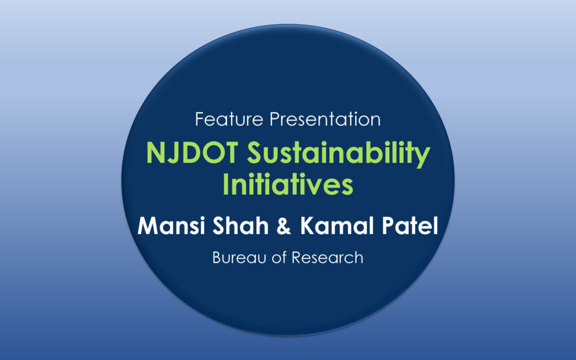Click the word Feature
(x=229, y=119)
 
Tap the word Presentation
(x=325, y=119)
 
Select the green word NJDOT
(x=192, y=153)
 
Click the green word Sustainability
(x=338, y=154)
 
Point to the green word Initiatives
(x=288, y=184)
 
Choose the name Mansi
(x=171, y=226)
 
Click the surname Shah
(x=241, y=226)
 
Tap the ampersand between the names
(x=284, y=226)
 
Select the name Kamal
(x=337, y=226)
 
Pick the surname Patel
(x=410, y=226)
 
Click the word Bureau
(x=239, y=258)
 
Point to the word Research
(x=327, y=258)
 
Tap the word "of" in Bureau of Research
(x=279, y=258)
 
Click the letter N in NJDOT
(x=155, y=153)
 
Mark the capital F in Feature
(x=200, y=119)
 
